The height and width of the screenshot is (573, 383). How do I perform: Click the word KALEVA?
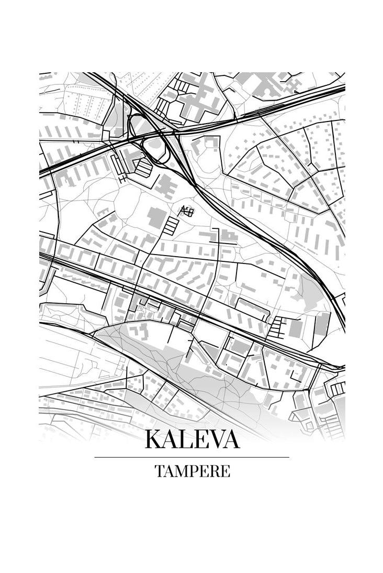[192, 439]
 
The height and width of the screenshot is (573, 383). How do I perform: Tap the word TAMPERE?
[192, 471]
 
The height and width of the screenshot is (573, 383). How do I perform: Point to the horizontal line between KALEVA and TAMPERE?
[191, 457]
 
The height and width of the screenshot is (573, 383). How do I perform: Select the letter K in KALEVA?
[155, 439]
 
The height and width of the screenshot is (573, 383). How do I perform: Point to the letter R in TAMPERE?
[213, 471]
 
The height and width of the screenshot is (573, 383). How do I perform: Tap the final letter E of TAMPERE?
[224, 471]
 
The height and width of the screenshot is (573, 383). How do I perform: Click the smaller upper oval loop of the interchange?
[137, 125]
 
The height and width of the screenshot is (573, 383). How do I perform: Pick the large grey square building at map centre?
[155, 217]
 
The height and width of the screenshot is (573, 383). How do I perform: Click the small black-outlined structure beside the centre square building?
[187, 212]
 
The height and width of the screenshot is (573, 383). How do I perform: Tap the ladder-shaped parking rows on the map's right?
[276, 327]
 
